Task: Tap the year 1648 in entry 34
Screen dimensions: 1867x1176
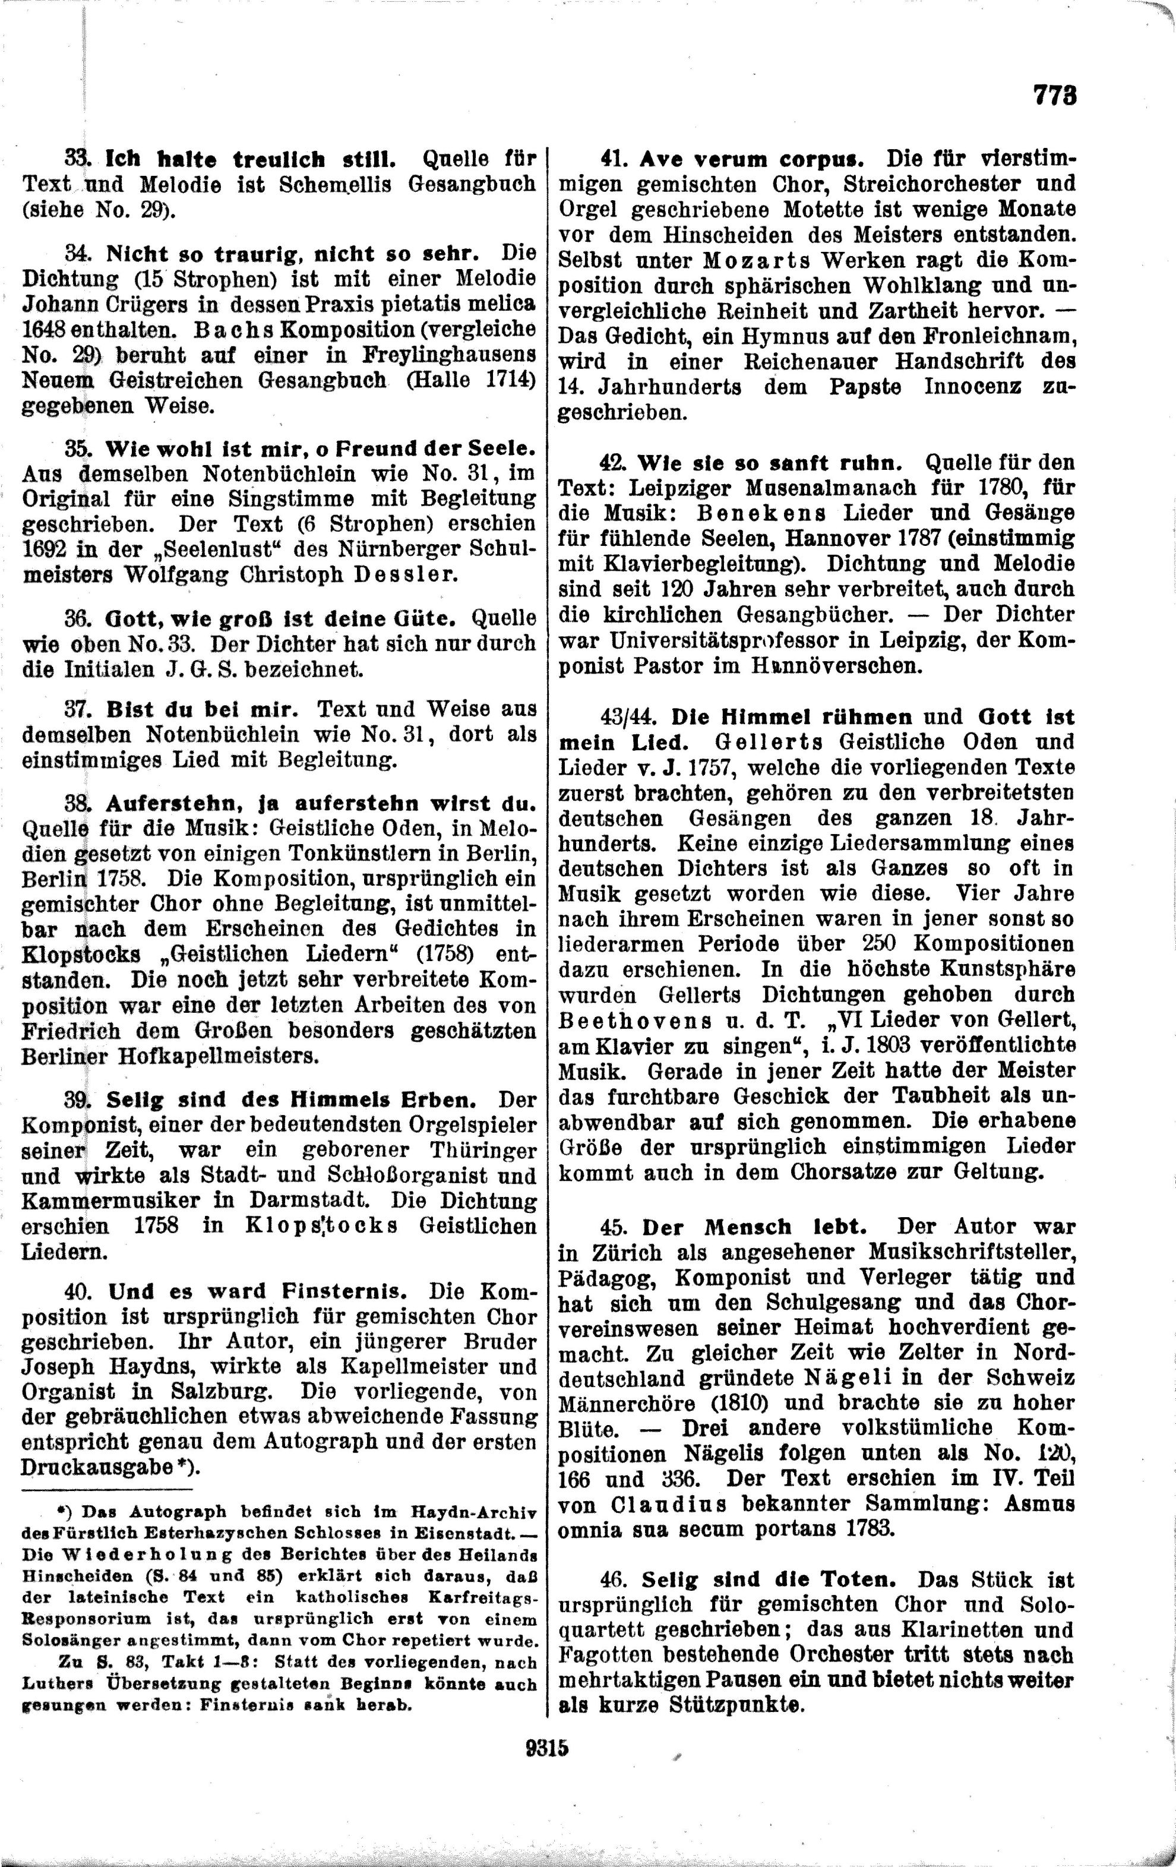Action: coord(45,328)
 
